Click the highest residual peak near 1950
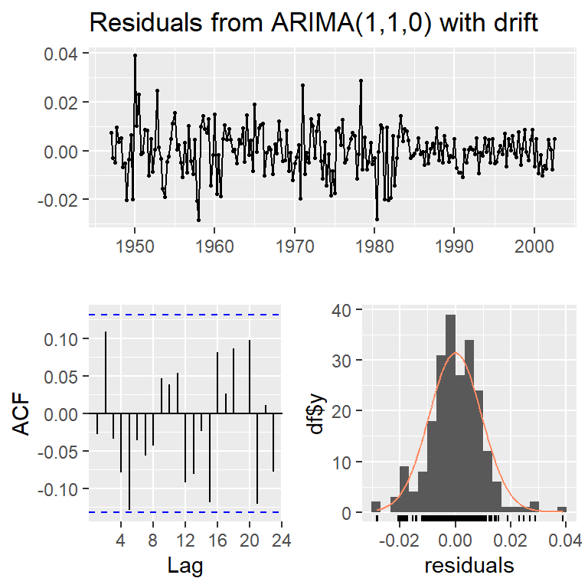(135, 55)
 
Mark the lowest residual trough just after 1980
(377, 220)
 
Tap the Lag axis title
(185, 565)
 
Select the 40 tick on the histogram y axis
(345, 310)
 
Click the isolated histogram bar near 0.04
(562, 509)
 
